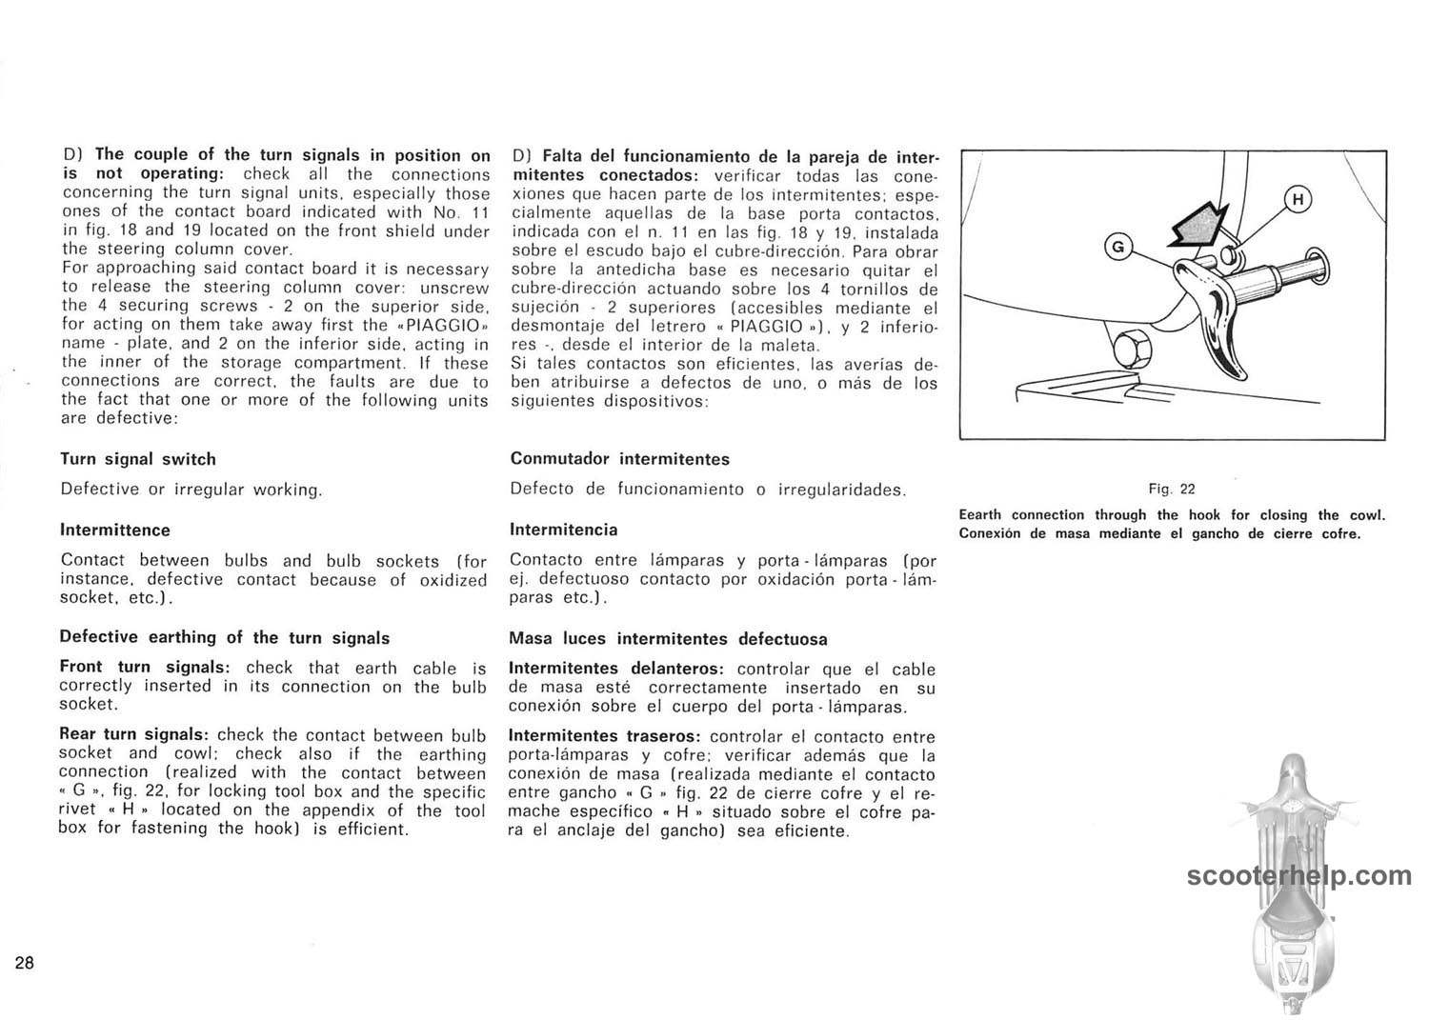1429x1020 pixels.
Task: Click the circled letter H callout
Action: (1298, 199)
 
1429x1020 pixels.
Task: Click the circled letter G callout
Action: (1118, 248)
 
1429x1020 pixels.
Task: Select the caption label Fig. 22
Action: (1171, 489)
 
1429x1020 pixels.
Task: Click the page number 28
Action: (25, 963)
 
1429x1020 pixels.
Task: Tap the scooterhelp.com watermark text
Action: (1299, 875)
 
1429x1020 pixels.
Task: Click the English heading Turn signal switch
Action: (138, 459)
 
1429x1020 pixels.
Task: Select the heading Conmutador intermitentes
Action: (619, 459)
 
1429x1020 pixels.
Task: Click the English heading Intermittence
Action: (115, 530)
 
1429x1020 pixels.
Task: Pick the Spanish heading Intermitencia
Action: (564, 530)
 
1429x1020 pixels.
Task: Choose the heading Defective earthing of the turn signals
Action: (224, 637)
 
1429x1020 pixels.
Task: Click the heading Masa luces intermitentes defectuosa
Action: (668, 639)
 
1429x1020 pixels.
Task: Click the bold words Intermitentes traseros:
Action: (605, 736)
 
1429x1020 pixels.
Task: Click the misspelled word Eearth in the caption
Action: (980, 515)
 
